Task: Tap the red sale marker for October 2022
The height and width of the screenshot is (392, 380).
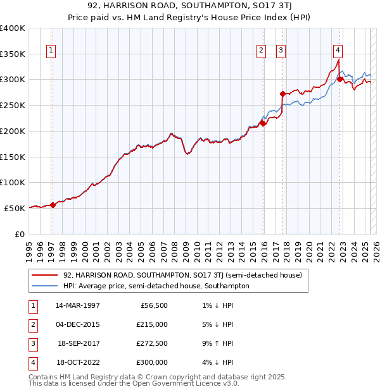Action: point(340,80)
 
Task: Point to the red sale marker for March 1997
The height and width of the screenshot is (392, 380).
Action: point(53,204)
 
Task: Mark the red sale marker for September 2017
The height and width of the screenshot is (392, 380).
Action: point(283,94)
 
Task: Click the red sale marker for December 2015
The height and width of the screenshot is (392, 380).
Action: point(263,123)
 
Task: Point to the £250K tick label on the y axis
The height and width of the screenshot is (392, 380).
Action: point(13,105)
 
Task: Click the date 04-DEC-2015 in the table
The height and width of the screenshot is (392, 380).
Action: point(78,324)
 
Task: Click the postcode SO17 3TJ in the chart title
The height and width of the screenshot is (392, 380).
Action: point(231,6)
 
